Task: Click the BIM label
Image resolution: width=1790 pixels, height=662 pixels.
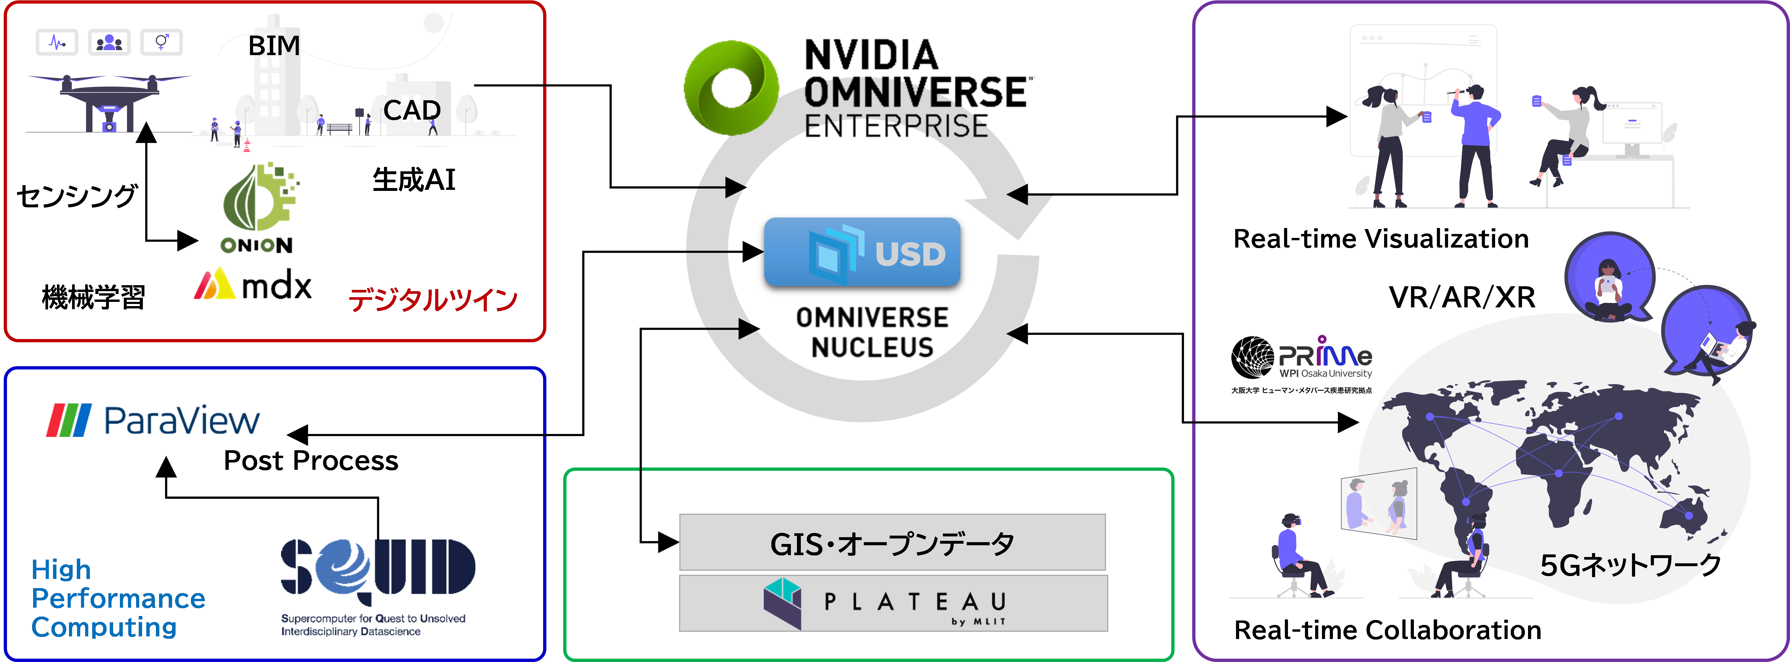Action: pos(275,46)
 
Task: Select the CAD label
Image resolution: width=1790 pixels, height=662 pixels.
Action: pos(412,110)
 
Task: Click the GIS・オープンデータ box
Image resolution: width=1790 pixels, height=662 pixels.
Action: pos(892,542)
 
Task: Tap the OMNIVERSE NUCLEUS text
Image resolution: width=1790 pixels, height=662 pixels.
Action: pos(872,332)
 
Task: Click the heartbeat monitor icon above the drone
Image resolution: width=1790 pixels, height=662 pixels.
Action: pos(57,42)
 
